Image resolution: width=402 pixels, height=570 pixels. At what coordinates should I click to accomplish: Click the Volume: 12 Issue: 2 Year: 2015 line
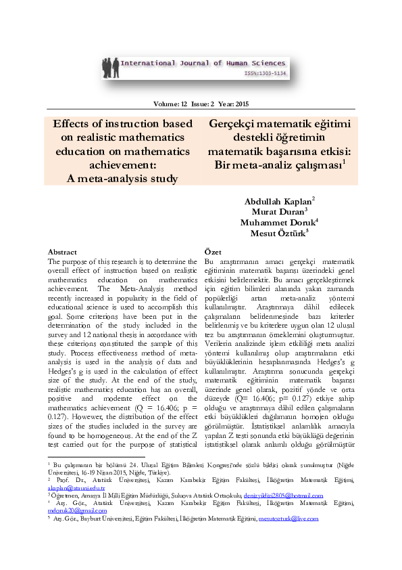click(201, 104)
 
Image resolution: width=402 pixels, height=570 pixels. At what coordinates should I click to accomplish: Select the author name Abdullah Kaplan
click(278, 202)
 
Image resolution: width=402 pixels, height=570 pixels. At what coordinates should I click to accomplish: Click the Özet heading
click(195, 252)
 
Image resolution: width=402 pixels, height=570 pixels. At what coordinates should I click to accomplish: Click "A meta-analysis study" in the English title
click(122, 179)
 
